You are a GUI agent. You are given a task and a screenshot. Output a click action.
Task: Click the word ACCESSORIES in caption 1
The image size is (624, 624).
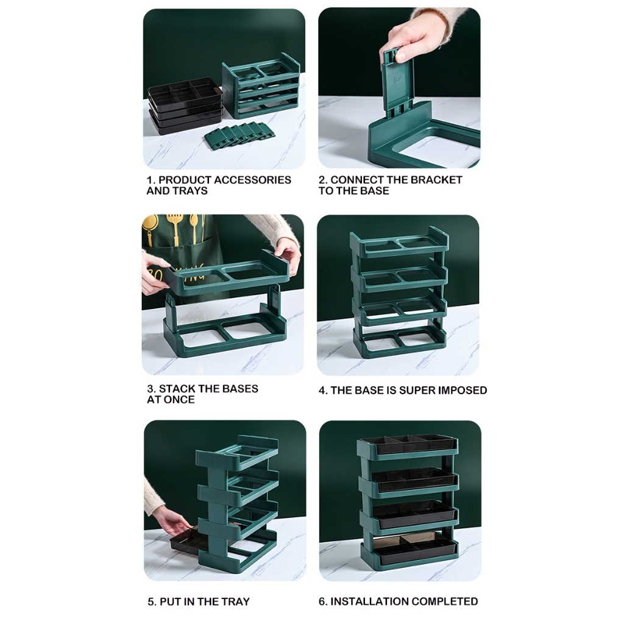click(x=252, y=180)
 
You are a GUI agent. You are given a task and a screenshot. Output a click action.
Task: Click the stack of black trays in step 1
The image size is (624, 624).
click(x=185, y=105)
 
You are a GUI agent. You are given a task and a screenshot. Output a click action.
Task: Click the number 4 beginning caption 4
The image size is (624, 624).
click(x=322, y=391)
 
